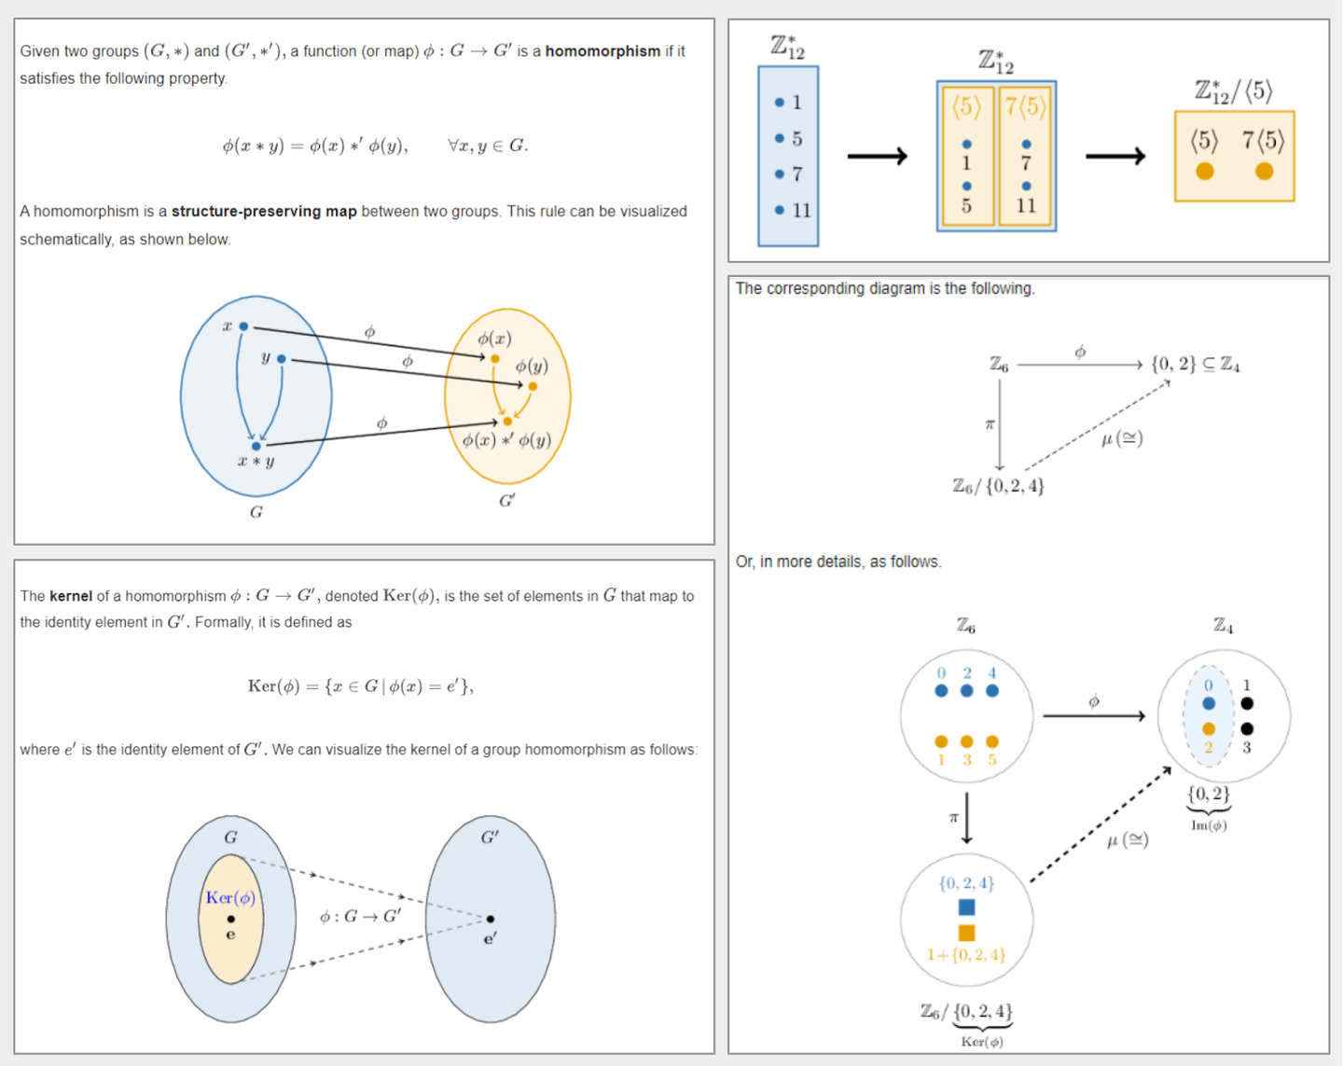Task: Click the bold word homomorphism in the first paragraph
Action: point(602,51)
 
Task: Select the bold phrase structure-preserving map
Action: point(264,212)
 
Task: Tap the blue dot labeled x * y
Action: point(256,446)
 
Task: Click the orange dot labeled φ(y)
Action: point(533,386)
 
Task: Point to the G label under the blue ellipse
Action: point(256,512)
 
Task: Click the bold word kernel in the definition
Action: point(71,596)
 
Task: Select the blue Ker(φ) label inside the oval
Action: point(230,898)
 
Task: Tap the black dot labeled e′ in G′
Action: point(491,919)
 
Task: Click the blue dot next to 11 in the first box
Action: point(780,210)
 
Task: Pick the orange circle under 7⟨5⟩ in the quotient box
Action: point(1264,171)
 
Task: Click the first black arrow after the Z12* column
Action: point(877,156)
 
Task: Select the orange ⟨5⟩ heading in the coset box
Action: point(966,107)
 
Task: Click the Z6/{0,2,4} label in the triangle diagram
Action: point(998,486)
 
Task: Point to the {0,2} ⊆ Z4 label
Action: point(1196,364)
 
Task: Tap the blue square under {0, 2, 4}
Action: point(966,907)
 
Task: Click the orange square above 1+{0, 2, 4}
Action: point(966,933)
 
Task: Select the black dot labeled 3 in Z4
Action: point(1247,728)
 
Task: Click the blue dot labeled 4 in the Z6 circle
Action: point(992,691)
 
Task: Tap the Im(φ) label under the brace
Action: point(1209,825)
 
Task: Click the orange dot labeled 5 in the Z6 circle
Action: point(992,741)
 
